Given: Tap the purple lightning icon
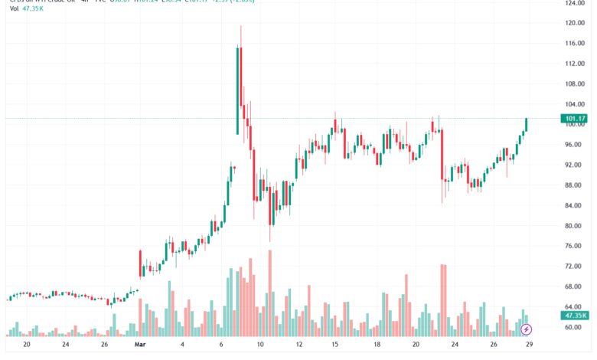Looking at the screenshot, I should (x=527, y=329).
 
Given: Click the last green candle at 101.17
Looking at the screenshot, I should (x=527, y=124).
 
